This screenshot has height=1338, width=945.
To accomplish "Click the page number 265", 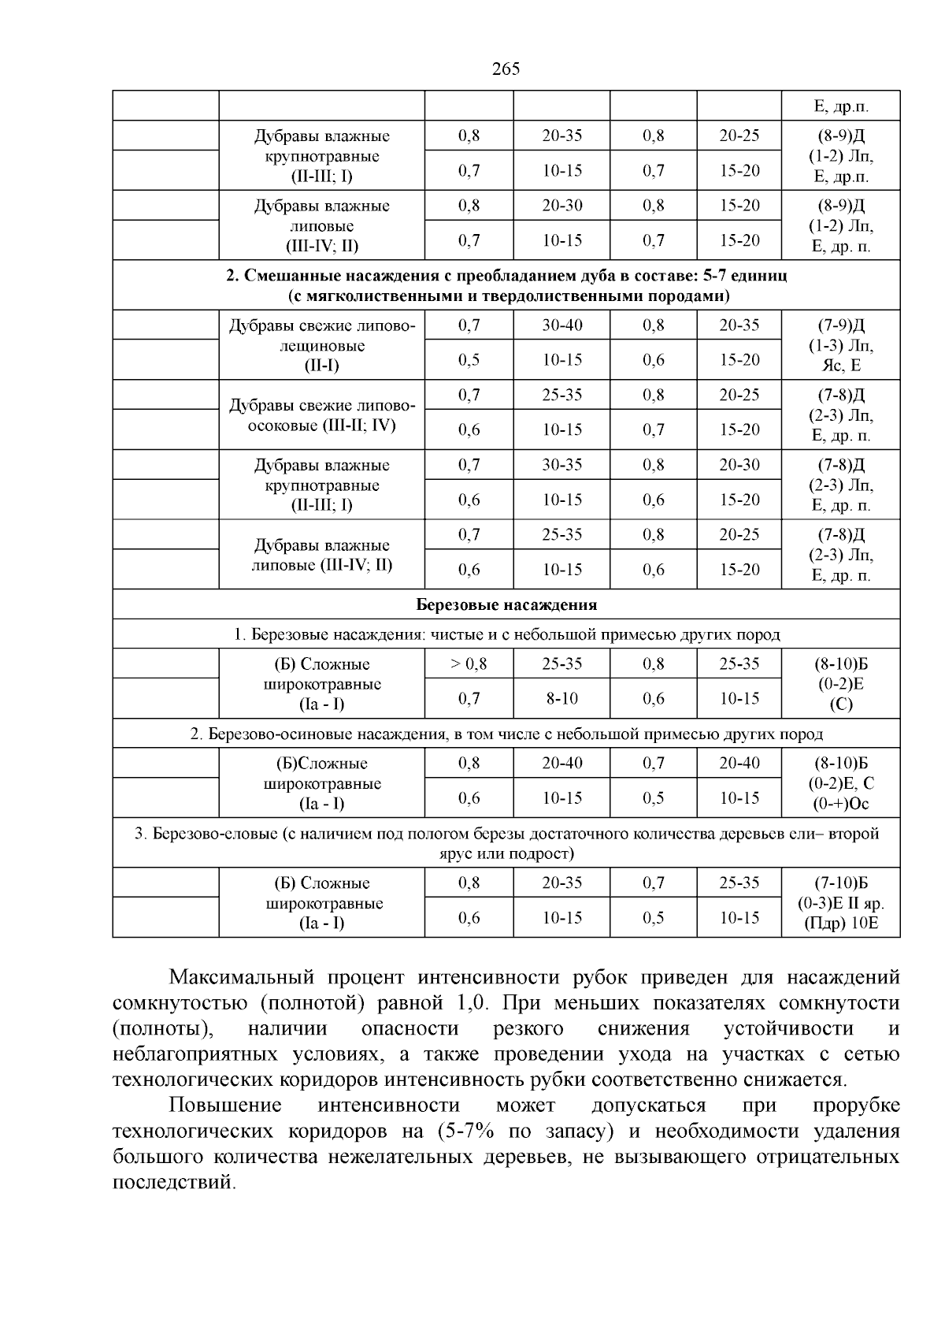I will [506, 69].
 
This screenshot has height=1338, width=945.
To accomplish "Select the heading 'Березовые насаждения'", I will [506, 604].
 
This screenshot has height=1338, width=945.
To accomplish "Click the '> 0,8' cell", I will [469, 663].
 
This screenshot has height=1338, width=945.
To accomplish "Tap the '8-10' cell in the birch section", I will [561, 698].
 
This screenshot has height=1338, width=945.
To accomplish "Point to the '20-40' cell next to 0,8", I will [561, 763].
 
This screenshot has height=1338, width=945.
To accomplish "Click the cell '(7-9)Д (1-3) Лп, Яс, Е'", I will [841, 345].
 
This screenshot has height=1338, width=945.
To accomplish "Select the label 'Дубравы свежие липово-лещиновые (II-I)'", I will [321, 345].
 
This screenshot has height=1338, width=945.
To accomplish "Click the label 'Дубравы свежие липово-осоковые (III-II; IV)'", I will [321, 415].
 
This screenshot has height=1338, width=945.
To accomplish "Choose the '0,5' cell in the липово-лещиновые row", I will [469, 360].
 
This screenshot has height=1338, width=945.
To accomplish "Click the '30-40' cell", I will [561, 325].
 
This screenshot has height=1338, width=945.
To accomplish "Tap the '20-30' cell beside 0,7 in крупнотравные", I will [739, 465].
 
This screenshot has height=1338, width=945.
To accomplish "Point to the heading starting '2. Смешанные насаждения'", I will [506, 285].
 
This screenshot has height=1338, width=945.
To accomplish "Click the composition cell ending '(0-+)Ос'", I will [841, 783].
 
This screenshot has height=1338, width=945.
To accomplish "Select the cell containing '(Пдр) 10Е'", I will [841, 923].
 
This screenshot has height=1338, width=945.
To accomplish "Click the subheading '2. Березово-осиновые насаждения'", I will [506, 734].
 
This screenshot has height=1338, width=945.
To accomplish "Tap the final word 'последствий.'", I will [174, 1183].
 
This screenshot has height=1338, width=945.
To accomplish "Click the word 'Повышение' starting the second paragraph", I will [225, 1106].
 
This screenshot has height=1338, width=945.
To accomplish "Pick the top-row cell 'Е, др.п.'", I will [841, 106].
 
